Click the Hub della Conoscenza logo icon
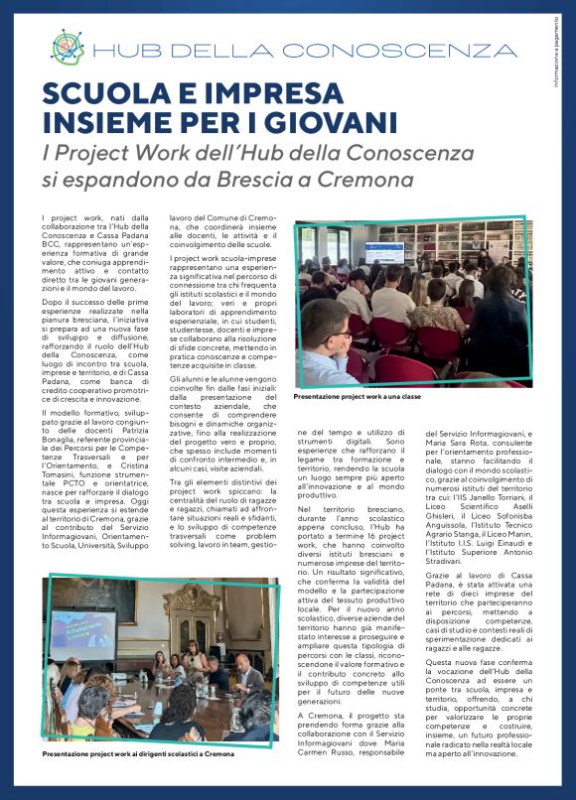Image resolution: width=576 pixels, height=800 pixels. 67,46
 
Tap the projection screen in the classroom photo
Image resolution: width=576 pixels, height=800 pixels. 383,252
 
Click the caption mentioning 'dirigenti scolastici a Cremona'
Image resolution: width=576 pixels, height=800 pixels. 138,754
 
